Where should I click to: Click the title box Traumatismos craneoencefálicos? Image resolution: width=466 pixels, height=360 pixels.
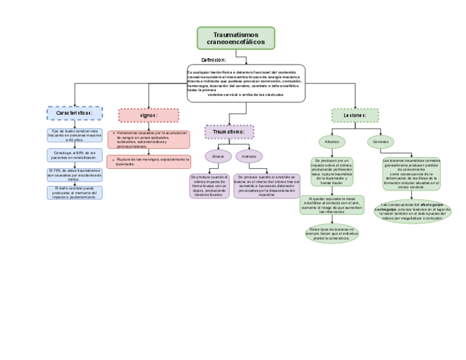(x=236, y=38)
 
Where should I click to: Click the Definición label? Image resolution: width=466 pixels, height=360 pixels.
(x=214, y=60)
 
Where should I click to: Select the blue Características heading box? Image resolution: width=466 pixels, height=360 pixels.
(x=74, y=113)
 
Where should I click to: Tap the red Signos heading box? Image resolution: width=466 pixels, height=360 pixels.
(x=148, y=115)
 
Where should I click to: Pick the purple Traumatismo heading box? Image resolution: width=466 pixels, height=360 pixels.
(x=229, y=132)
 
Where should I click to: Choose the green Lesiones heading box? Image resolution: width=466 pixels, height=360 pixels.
(x=355, y=115)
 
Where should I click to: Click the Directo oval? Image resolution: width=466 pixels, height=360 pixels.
(x=218, y=157)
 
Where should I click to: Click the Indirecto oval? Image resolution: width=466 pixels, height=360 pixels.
(x=249, y=157)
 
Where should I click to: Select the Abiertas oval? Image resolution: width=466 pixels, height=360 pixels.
(x=331, y=142)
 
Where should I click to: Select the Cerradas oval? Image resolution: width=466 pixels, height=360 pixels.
(x=380, y=142)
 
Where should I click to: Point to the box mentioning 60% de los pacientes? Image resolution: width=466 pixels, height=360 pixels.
(x=75, y=155)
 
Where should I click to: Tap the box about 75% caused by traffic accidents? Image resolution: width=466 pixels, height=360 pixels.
(x=74, y=175)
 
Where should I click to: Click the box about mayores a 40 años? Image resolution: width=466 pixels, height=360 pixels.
(x=74, y=135)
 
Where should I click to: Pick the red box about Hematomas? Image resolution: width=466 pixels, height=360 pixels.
(x=148, y=140)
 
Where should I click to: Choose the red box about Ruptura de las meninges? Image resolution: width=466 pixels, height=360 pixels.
(x=149, y=162)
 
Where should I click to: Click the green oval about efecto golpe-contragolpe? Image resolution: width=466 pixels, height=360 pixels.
(x=412, y=212)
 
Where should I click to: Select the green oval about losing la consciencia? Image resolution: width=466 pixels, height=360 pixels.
(x=332, y=234)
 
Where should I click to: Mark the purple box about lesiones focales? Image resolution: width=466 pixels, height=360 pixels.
(x=209, y=186)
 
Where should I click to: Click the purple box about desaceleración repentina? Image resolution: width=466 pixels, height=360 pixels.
(x=267, y=186)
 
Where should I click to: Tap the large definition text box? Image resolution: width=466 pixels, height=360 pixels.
(x=246, y=84)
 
